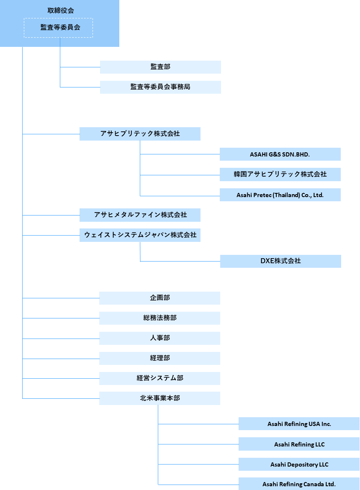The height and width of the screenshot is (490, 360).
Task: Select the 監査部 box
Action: click(160, 67)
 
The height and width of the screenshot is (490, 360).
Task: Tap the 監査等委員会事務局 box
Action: click(160, 87)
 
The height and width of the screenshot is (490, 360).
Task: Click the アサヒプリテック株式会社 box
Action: click(140, 134)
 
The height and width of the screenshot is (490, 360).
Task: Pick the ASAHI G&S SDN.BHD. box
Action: click(280, 154)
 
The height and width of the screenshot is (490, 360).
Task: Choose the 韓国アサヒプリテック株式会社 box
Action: click(280, 174)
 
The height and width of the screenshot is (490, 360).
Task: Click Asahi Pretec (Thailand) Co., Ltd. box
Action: click(280, 195)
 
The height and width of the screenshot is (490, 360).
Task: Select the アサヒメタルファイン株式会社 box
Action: click(140, 215)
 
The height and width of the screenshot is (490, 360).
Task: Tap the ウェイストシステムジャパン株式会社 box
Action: click(140, 235)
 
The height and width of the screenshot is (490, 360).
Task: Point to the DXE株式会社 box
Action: click(280, 261)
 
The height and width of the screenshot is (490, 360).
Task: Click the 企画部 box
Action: click(159, 298)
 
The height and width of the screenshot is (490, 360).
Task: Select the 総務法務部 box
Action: click(159, 318)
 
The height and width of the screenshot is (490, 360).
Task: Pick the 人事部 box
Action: click(159, 339)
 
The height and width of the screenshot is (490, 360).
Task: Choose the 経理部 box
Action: click(159, 359)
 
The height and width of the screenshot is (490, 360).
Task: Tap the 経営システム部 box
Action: click(159, 378)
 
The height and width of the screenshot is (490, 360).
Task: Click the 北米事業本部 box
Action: click(159, 398)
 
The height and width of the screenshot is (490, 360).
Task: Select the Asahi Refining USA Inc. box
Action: click(299, 424)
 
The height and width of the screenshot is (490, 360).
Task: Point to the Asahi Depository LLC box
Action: click(299, 464)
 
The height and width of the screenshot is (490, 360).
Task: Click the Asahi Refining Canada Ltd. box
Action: click(299, 484)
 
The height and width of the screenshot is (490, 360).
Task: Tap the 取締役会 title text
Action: click(61, 10)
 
